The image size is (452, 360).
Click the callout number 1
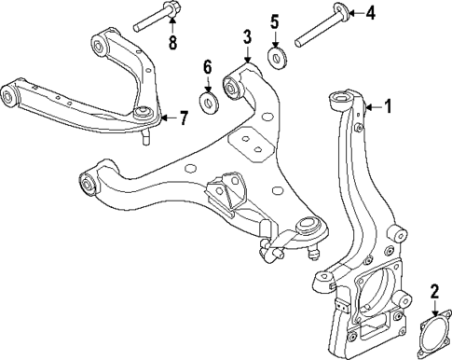point(388,107)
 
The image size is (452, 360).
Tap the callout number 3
point(246,38)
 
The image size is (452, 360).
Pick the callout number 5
point(274,21)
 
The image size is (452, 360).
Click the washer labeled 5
point(276,58)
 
